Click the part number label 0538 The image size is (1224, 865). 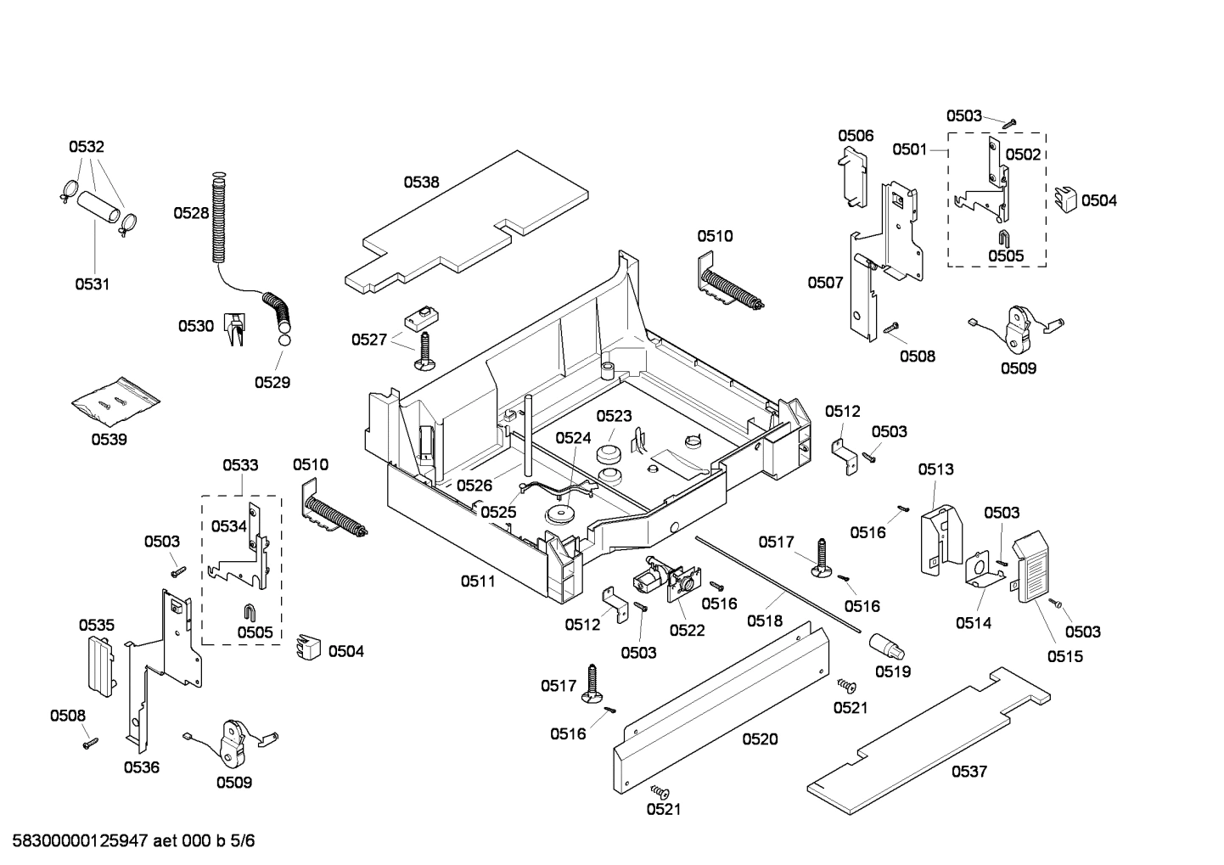pos(421,182)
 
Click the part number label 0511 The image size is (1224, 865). pos(479,581)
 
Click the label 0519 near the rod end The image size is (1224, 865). pos(893,671)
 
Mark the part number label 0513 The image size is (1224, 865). pos(935,469)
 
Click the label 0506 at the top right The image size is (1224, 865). pos(856,136)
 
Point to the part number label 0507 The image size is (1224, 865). pos(825,282)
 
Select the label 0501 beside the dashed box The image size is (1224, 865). pos(909,150)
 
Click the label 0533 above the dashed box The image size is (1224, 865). pos(240,465)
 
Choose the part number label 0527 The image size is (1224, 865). pos(369,340)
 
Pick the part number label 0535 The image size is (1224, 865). pos(97,626)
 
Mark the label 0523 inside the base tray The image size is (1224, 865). pos(614,416)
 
